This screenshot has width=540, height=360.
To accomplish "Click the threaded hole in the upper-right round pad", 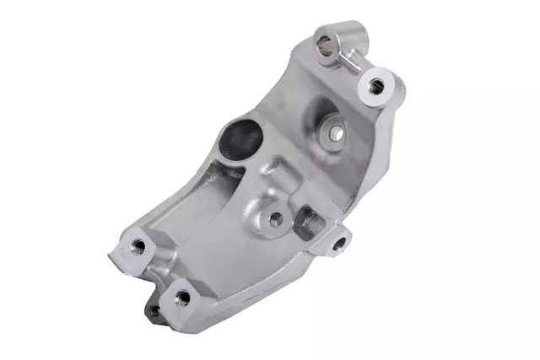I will coord(375,84).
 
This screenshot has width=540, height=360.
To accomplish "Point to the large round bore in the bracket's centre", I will coord(241,135).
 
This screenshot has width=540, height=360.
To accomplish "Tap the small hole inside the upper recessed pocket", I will coord(336,132).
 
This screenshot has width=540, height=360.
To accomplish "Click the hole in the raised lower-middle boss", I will coord(275,218).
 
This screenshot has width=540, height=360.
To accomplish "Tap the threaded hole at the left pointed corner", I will coord(138,247).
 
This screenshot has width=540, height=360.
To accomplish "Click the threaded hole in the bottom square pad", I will coord(181,297).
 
